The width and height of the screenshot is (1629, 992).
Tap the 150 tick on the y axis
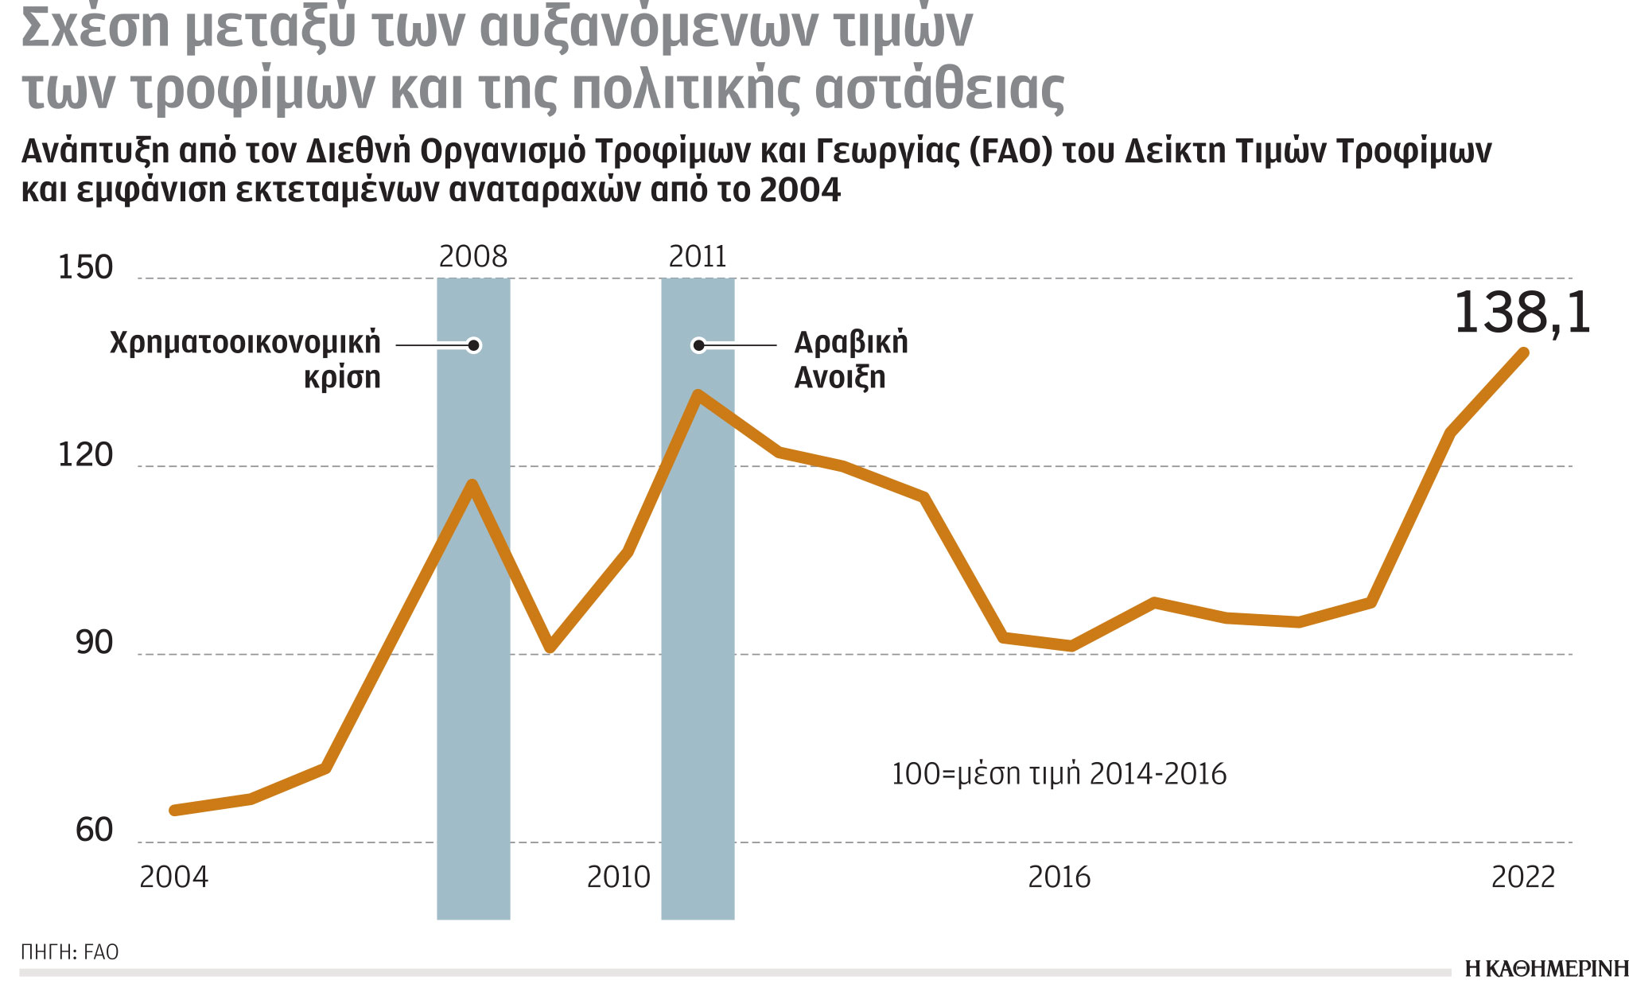pyautogui.click(x=86, y=267)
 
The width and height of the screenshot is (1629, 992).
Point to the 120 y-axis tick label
pyautogui.click(x=86, y=455)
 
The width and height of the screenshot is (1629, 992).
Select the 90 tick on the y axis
pyautogui.click(x=94, y=643)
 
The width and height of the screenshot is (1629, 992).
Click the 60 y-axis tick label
pyautogui.click(x=94, y=831)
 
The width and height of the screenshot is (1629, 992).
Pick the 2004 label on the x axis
pyautogui.click(x=173, y=877)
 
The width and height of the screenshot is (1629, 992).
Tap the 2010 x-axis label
pyautogui.click(x=618, y=877)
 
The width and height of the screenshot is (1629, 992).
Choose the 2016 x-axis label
pyautogui.click(x=1059, y=877)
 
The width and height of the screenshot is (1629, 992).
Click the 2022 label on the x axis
pyautogui.click(x=1522, y=877)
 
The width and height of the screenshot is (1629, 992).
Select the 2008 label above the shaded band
pyautogui.click(x=472, y=257)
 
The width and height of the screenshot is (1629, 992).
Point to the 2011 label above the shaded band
pyautogui.click(x=698, y=257)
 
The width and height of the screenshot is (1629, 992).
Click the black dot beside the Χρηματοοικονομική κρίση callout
pyautogui.click(x=474, y=345)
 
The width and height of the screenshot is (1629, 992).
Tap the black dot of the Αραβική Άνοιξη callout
pyautogui.click(x=698, y=345)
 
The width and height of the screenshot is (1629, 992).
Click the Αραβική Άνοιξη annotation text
pyautogui.click(x=849, y=360)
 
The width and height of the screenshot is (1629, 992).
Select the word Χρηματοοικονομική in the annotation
pyautogui.click(x=245, y=342)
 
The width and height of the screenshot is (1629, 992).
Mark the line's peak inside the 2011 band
pyautogui.click(x=698, y=395)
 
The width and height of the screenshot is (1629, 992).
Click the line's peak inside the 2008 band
pyautogui.click(x=472, y=484)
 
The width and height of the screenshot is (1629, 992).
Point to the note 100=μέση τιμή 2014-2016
pyautogui.click(x=1058, y=774)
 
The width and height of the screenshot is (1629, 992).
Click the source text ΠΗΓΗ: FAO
pyautogui.click(x=70, y=952)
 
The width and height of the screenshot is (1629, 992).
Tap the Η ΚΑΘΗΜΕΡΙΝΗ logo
pyautogui.click(x=1545, y=969)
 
